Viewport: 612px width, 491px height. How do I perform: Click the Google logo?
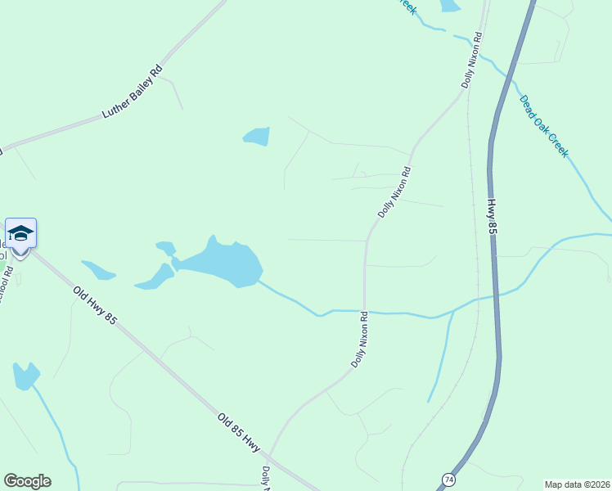coord(27,481)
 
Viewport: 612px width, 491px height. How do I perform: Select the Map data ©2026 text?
coord(577,484)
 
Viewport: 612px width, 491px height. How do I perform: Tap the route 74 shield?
coord(448,479)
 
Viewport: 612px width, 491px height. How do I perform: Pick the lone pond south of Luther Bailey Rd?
coord(257,136)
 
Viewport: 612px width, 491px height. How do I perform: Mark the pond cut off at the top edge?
coord(449,5)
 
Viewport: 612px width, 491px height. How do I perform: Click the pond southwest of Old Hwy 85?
coord(25,376)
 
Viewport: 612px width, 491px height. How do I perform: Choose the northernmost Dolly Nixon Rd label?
coord(472,61)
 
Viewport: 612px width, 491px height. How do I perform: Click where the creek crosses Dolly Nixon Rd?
coord(364,311)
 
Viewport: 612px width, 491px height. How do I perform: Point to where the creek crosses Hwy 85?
coord(494,294)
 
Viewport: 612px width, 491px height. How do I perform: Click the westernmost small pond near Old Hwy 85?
coord(97,269)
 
